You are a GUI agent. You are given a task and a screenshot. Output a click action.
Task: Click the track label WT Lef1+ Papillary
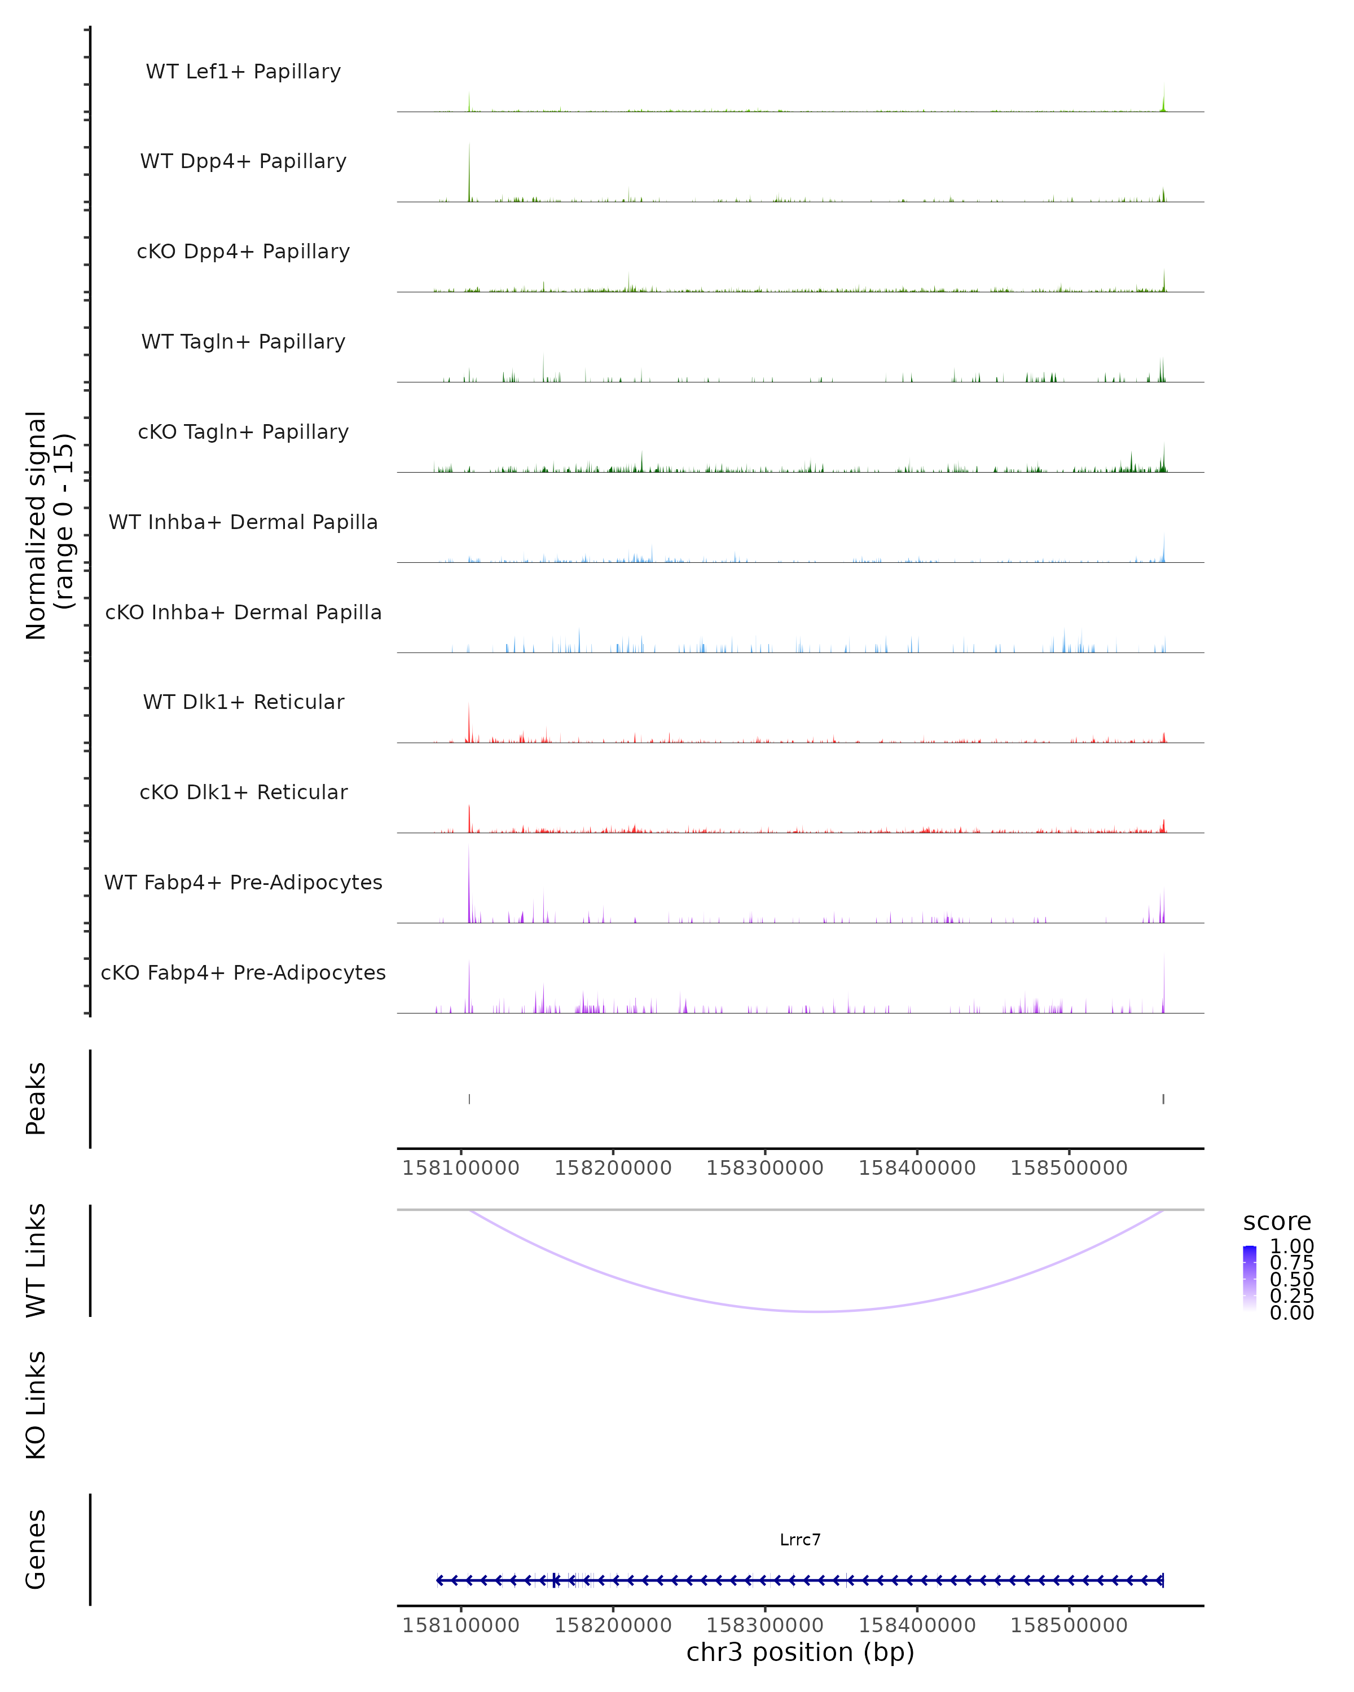pos(243,72)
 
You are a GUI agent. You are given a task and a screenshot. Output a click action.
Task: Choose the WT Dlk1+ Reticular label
pos(243,702)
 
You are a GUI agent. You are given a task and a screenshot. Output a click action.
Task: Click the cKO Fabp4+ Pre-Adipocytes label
pos(243,972)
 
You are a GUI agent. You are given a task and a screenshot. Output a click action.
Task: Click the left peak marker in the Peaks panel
pos(469,1099)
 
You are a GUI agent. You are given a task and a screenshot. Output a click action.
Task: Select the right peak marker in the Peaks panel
pos(1163,1099)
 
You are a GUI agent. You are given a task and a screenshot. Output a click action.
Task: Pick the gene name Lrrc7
pos(800,1540)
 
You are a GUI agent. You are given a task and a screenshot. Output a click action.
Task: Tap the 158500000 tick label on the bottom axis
pos(1069,1625)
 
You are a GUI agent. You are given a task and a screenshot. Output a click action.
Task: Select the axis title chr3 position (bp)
pos(800,1653)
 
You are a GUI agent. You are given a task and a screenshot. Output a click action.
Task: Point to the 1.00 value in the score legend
pos(1291,1246)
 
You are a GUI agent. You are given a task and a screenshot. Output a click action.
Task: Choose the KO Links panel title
pos(36,1405)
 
